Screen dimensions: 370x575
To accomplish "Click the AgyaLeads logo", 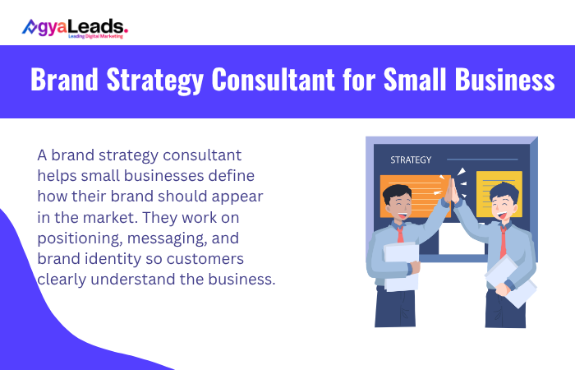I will click(x=75, y=28).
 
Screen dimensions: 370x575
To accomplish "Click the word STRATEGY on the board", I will click(x=411, y=160).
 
